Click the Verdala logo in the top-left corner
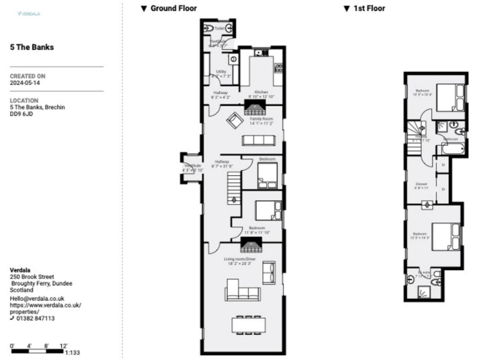[x=27, y=13]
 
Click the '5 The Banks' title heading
[x=32, y=47]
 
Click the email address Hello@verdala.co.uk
[x=37, y=299]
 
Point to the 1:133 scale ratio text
[x=72, y=353]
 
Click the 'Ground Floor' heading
[x=173, y=8]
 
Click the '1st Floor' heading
[x=368, y=8]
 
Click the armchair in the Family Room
[x=234, y=121]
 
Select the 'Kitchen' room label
[x=262, y=92]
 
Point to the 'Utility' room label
[x=221, y=72]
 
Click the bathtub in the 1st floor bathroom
[x=452, y=149]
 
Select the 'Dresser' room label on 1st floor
[x=421, y=184]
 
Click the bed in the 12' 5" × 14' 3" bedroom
[x=448, y=237]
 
